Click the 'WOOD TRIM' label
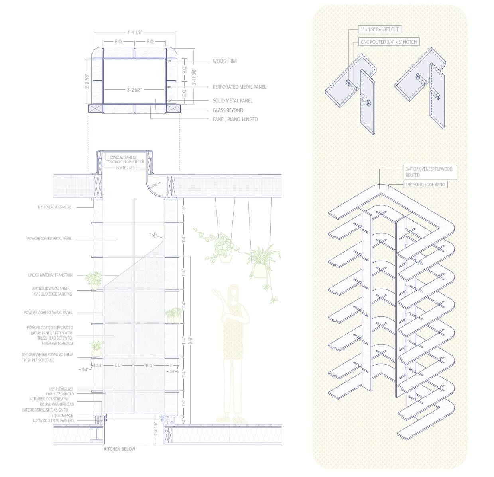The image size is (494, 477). (x=224, y=61)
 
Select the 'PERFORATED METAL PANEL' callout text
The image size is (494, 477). (x=239, y=87)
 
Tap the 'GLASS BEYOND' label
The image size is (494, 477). (x=228, y=110)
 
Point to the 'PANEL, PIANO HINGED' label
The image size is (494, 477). (x=235, y=119)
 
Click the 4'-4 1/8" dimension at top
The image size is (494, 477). (x=135, y=32)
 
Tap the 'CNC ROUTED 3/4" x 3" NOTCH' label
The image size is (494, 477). (x=389, y=42)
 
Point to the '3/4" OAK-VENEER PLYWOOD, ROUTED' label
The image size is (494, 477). (x=429, y=172)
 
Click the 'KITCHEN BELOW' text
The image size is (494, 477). (x=119, y=449)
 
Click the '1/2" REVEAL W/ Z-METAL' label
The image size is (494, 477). (x=54, y=207)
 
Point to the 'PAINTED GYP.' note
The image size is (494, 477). (x=125, y=168)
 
